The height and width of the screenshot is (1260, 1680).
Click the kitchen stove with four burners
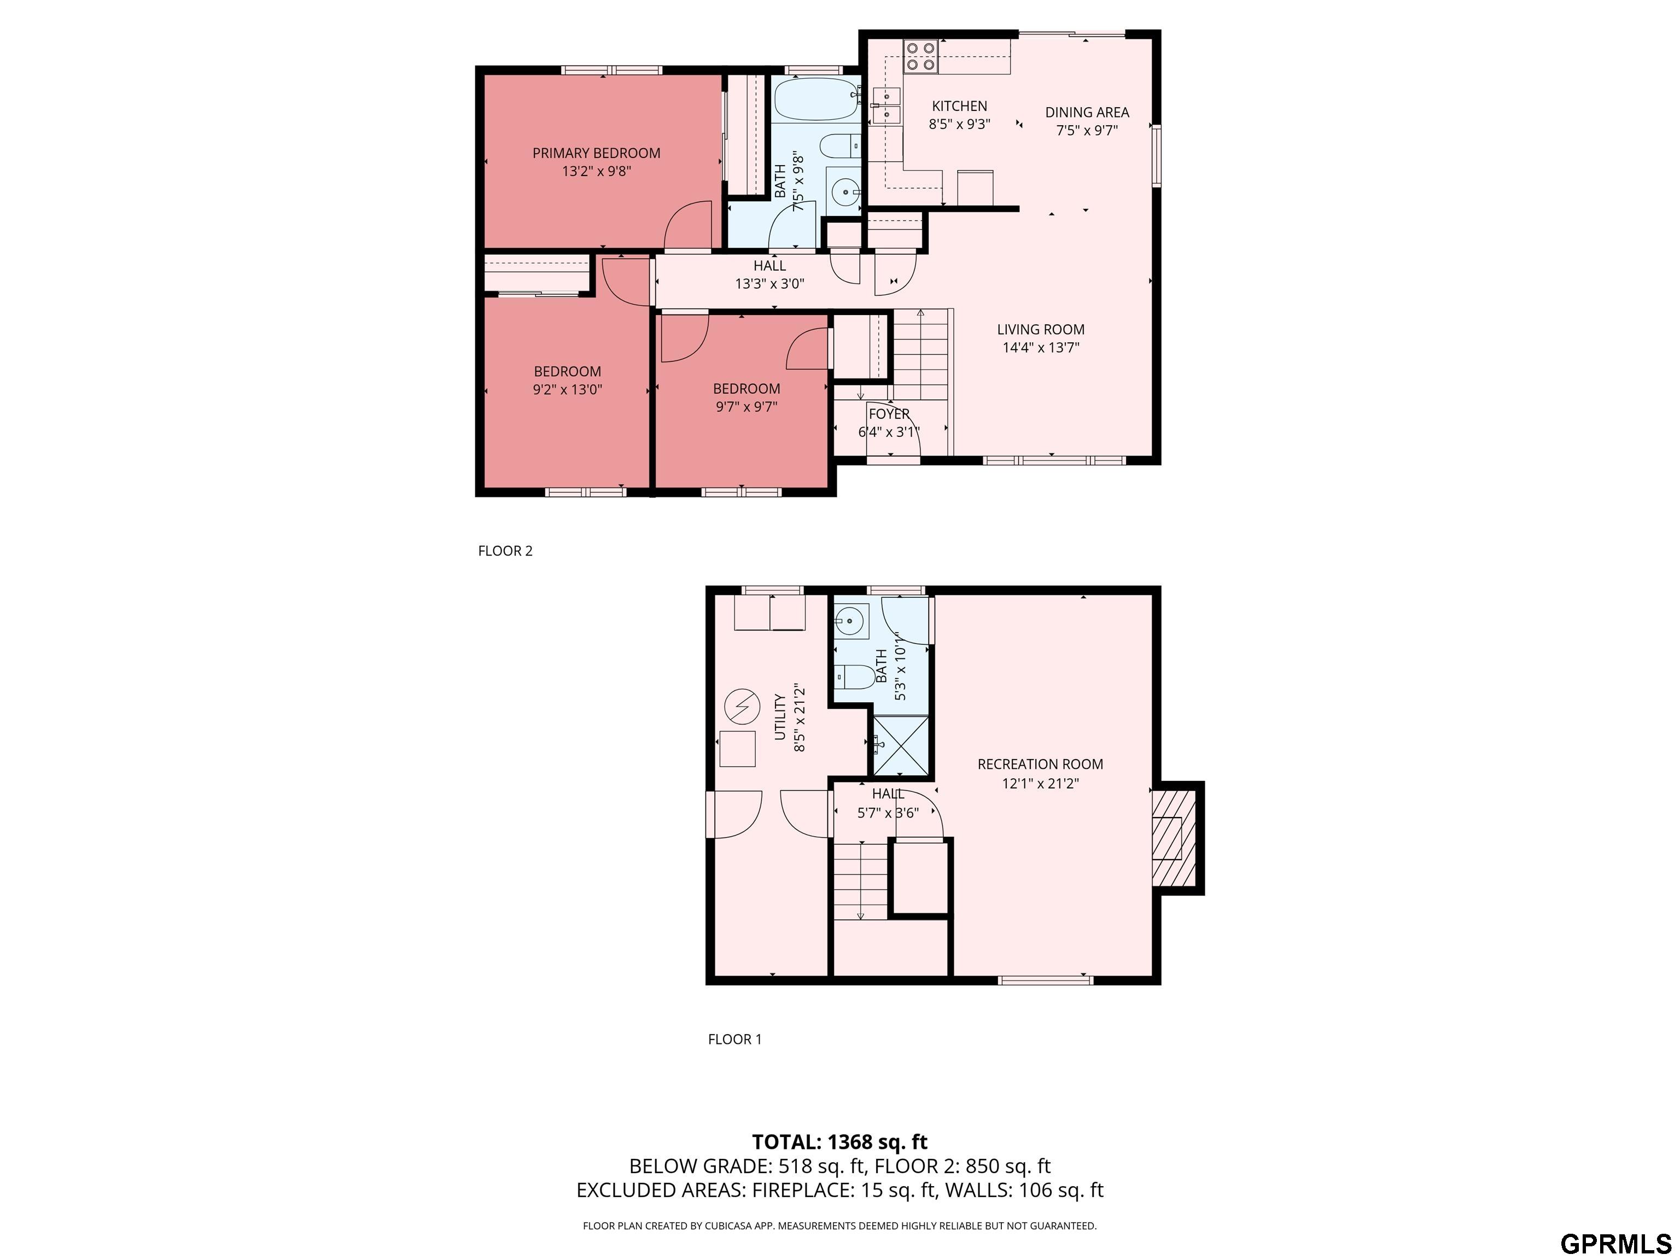click(x=920, y=56)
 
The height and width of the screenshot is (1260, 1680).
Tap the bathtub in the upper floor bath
click(x=817, y=100)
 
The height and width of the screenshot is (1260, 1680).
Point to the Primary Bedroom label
click(x=596, y=153)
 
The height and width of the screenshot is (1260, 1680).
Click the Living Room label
click(x=1041, y=329)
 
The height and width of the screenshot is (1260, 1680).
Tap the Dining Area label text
click(x=1087, y=112)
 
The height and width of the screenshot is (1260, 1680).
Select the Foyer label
click(x=889, y=414)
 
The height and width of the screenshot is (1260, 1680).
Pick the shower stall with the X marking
click(x=901, y=746)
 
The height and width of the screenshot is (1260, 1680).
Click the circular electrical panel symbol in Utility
click(x=742, y=707)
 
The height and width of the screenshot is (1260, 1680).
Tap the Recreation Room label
click(x=1040, y=764)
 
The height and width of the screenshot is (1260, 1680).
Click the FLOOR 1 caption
click(x=734, y=1039)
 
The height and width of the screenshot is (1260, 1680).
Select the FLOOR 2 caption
click(x=505, y=551)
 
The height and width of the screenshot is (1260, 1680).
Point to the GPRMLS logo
click(x=1615, y=1242)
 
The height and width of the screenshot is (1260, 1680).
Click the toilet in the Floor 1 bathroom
click(x=855, y=676)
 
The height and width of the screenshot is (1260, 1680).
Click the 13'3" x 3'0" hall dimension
click(x=769, y=284)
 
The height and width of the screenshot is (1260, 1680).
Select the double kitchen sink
click(x=885, y=106)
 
